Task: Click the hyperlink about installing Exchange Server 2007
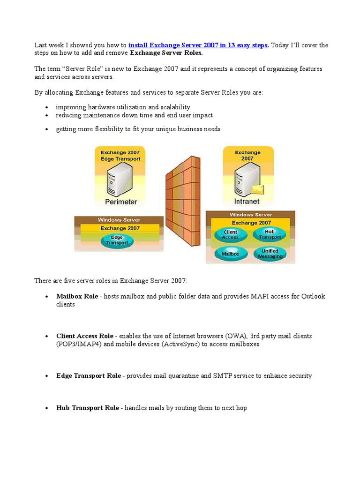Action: tap(198, 45)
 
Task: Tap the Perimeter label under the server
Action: tap(120, 202)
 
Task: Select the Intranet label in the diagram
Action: tap(247, 202)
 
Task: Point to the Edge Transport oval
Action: tap(117, 240)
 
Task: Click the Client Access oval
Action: tap(230, 234)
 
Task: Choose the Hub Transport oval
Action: tap(270, 234)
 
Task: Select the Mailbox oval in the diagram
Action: tap(230, 254)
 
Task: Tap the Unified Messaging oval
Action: tap(270, 254)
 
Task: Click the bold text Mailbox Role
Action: tap(77, 296)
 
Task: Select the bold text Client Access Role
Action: tap(85, 336)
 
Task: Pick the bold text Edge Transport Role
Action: tap(89, 376)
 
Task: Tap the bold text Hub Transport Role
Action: tap(88, 408)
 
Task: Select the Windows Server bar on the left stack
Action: tap(119, 220)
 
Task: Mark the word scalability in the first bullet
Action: tap(173, 107)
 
